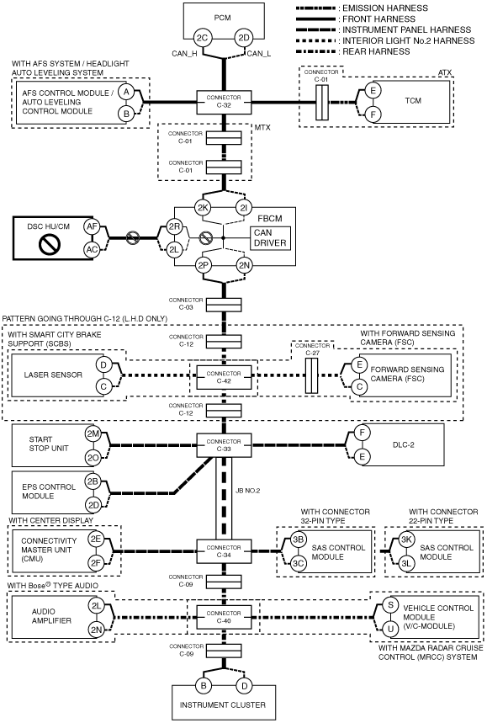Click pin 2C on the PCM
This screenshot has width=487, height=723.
click(203, 38)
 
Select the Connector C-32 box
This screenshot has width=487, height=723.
click(224, 102)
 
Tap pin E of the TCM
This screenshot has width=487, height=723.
click(373, 90)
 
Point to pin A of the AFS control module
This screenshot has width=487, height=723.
click(126, 93)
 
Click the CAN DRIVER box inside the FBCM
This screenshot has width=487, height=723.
click(270, 238)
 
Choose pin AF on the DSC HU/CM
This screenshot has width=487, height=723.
click(93, 226)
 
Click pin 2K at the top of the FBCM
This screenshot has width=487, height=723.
click(203, 208)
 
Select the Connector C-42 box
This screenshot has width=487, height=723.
click(224, 377)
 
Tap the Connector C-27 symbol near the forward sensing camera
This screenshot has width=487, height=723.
click(312, 375)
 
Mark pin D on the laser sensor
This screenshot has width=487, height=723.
click(103, 365)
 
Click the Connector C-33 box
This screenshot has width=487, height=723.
click(224, 445)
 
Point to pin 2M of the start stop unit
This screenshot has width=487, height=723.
click(93, 434)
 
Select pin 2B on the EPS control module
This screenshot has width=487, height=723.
click(93, 481)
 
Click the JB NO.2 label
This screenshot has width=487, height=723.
click(247, 491)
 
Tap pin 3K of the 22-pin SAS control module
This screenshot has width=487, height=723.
click(406, 540)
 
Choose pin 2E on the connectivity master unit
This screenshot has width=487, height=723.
click(96, 539)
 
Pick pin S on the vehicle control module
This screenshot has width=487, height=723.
click(391, 605)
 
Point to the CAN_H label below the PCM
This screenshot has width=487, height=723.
click(184, 54)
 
